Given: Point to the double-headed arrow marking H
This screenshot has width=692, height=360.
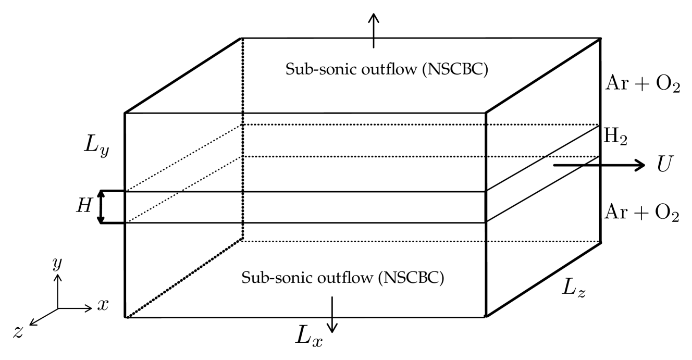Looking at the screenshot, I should tap(102, 207).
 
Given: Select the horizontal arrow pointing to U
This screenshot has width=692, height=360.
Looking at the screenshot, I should tap(599, 165).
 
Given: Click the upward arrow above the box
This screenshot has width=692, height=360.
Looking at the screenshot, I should tap(373, 30).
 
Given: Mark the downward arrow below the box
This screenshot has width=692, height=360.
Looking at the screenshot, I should tap(332, 314).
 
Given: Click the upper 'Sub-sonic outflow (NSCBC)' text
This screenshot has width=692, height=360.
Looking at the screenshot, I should tap(386, 70).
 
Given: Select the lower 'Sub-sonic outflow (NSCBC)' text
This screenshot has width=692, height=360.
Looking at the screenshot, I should tap(342, 278).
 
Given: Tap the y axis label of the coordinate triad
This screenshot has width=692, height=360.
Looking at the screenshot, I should tap(57, 264).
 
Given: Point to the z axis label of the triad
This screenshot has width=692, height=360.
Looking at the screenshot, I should tap(19, 332).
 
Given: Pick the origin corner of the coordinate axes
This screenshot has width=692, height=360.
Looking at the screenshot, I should tap(58, 308).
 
